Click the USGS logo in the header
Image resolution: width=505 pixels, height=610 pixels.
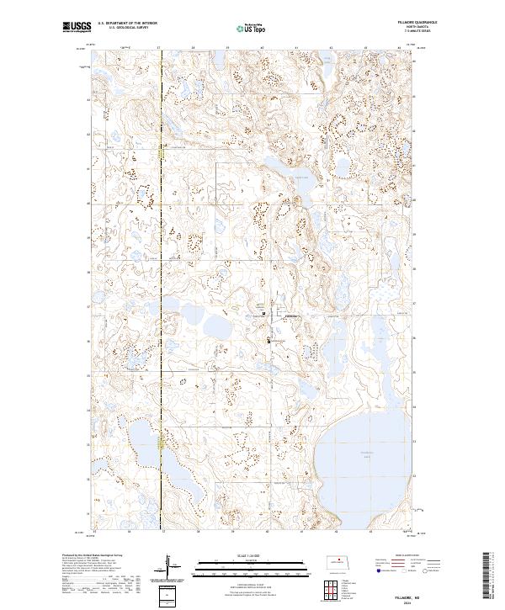(x=77, y=27)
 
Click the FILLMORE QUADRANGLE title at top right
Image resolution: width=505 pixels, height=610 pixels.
(x=427, y=23)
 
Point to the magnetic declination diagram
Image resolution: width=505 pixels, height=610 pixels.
(x=168, y=565)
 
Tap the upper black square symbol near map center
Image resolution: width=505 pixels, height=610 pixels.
(x=263, y=314)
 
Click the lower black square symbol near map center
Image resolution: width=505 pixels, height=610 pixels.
(x=268, y=341)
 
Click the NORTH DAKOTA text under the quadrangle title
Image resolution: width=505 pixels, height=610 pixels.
(x=427, y=27)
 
